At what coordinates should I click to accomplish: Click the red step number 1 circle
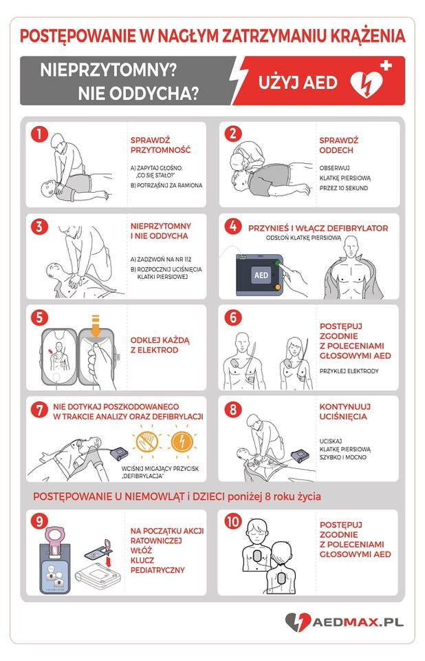40,134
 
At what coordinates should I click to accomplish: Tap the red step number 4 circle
233,226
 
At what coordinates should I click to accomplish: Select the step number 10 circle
233,521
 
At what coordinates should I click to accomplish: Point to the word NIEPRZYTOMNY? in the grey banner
108,70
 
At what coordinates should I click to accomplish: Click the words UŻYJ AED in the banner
298,82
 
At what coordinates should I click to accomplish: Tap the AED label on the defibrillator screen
261,275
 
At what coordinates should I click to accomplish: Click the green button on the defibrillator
278,263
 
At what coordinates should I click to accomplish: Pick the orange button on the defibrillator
277,287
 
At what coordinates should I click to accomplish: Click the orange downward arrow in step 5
96,326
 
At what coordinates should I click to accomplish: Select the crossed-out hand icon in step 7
146,441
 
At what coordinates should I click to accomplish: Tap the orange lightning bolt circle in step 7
182,441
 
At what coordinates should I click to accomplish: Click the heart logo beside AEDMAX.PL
298,622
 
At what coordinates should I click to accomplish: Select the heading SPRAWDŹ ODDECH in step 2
338,145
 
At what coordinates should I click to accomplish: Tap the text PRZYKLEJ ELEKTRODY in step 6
349,371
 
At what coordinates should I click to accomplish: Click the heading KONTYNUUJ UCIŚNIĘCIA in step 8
345,412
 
